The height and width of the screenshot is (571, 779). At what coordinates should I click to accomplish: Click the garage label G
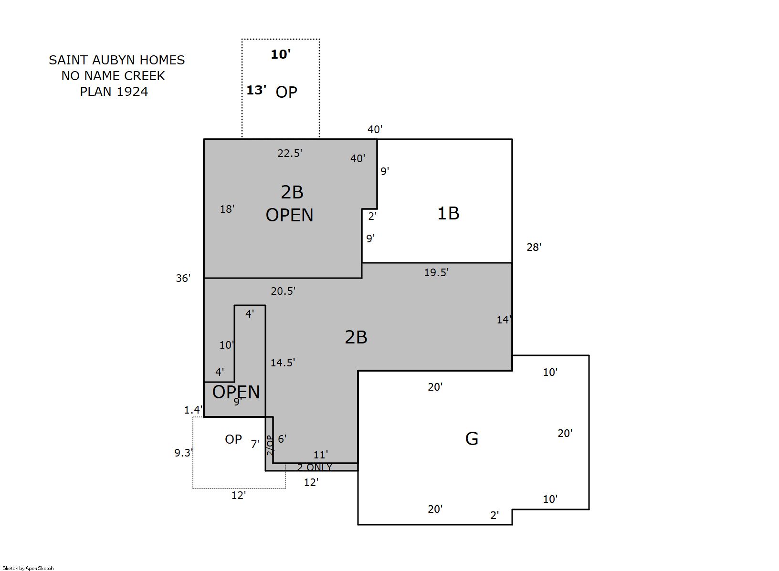[472, 438]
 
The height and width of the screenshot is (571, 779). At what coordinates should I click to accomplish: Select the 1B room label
[448, 213]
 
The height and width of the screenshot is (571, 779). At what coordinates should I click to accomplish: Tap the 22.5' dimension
[290, 153]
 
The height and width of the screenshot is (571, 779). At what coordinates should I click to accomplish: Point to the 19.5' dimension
[436, 272]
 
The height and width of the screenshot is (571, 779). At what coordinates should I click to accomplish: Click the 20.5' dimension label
[283, 291]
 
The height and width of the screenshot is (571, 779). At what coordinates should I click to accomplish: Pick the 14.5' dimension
[283, 363]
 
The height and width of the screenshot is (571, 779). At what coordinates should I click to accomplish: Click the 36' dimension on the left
[183, 278]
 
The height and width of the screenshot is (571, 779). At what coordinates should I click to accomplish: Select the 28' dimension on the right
[534, 247]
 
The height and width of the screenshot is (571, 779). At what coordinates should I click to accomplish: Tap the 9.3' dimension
[184, 453]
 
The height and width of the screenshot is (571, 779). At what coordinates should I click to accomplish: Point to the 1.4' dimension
[193, 410]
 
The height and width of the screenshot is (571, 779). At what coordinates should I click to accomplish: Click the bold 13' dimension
[256, 90]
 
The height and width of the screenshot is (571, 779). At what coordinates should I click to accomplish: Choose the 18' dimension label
[227, 209]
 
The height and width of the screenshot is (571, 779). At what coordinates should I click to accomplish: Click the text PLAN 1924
[114, 92]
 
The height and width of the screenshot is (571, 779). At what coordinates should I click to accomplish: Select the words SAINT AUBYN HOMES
[117, 60]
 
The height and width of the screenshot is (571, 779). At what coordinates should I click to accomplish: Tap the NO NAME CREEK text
[113, 76]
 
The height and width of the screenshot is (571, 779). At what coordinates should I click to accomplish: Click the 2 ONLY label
[315, 467]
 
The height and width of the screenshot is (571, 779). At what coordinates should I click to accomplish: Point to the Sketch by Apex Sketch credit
[28, 568]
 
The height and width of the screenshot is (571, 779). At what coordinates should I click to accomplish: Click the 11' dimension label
[321, 455]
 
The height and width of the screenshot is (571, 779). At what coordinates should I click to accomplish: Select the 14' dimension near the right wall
[504, 320]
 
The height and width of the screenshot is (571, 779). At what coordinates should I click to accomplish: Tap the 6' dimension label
[282, 439]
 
